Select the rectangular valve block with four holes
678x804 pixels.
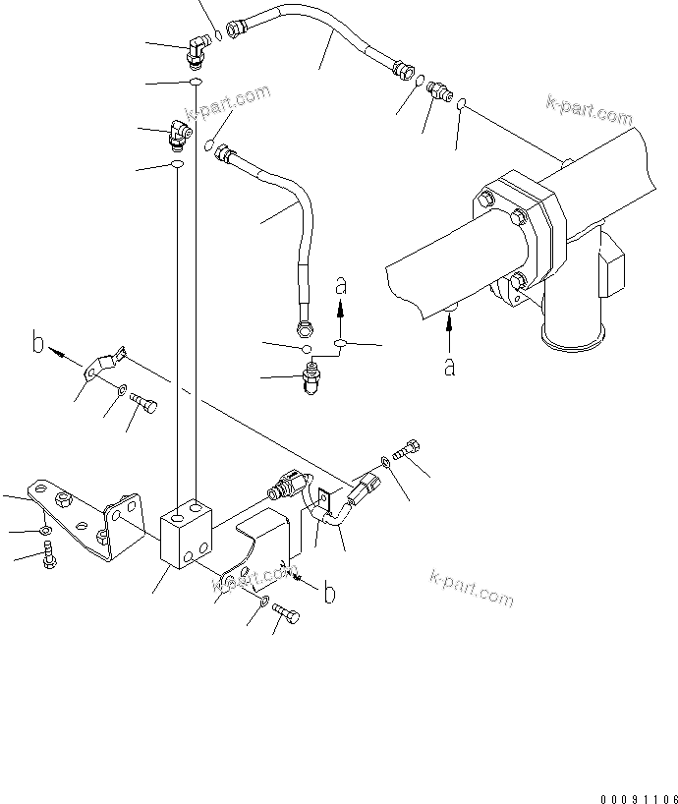(x=187, y=535)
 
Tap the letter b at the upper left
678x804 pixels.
(x=37, y=343)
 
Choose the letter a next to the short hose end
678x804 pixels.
(x=341, y=287)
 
